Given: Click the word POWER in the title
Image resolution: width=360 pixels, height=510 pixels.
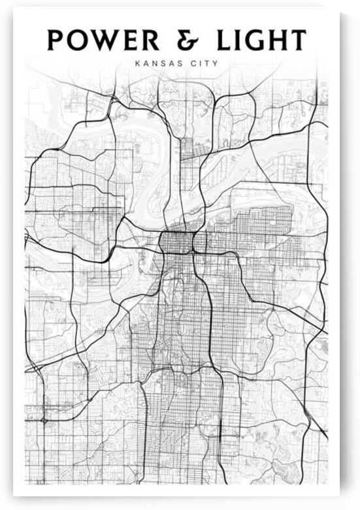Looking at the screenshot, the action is click(x=103, y=40).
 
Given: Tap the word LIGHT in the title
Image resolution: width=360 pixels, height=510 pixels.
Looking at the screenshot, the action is click(x=261, y=40).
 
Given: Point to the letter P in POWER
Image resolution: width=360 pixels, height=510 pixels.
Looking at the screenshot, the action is click(x=57, y=40).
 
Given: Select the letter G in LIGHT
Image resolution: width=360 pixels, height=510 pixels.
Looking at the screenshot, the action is click(x=257, y=40).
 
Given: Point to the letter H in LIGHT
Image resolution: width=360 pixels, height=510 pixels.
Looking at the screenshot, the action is click(x=280, y=40).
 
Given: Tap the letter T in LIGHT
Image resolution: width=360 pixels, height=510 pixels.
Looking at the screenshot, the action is click(x=299, y=40).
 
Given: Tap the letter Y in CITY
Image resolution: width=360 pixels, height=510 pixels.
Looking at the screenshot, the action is click(x=215, y=63).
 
